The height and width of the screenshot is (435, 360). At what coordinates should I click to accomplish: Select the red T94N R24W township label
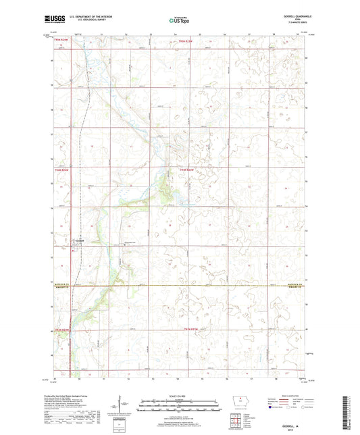coord(62,170)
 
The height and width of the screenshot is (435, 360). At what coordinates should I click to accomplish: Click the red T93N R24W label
coord(62,330)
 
